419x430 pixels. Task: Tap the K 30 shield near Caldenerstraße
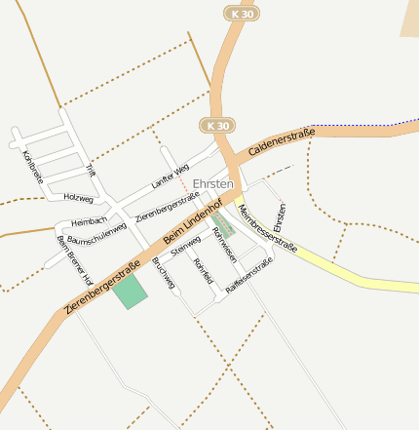(218, 126)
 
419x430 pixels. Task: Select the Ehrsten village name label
(213, 183)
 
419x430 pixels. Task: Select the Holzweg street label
(78, 197)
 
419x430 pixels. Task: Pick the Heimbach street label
(88, 222)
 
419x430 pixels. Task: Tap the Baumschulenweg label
(96, 234)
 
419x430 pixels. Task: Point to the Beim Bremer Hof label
(74, 259)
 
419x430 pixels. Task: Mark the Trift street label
(92, 170)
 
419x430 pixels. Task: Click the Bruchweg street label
(164, 274)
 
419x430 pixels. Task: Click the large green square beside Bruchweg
(130, 292)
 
